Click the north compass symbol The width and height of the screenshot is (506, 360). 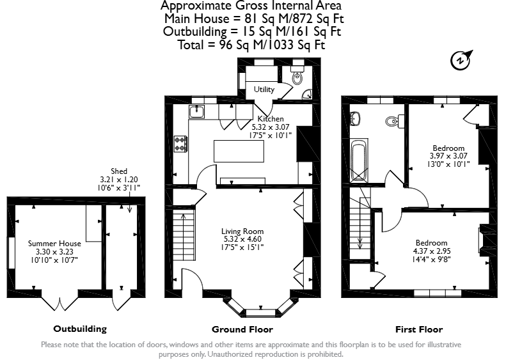461,61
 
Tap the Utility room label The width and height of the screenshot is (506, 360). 264,90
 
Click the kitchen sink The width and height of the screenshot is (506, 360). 196,112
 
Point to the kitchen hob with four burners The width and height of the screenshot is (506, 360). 181,143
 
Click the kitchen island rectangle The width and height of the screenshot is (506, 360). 239,151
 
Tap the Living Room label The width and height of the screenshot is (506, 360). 242,231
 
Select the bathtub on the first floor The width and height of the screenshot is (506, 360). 359,160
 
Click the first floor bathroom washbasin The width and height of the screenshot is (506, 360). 355,118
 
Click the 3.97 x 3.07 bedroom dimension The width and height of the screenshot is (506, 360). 448,156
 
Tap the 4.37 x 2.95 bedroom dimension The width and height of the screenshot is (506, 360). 432,251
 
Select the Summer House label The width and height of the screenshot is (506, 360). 54,244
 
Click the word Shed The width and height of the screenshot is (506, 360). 119,171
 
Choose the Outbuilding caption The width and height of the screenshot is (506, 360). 80,329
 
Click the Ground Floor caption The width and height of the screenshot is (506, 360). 242,329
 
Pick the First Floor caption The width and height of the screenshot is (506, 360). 419,329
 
